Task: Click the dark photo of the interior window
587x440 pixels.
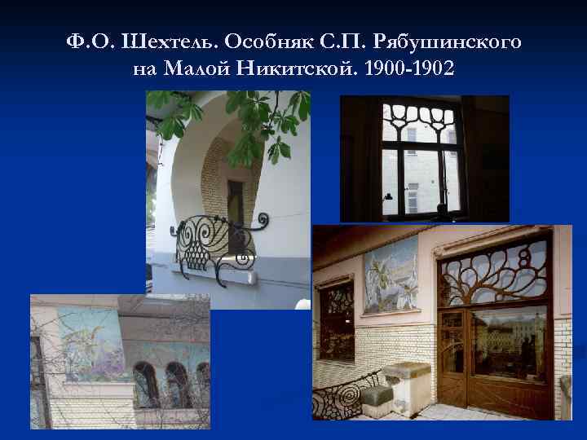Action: (424, 159)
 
